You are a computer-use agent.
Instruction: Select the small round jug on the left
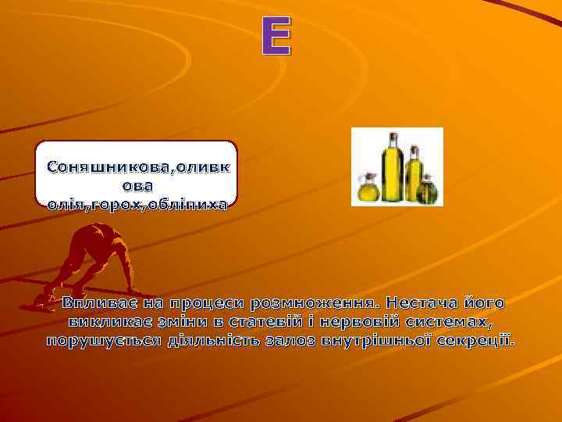pos(365,189)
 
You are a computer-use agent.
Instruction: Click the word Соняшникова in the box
pos(110,167)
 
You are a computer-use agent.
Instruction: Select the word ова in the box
pos(137,186)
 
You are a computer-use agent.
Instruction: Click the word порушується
pos(102,342)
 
